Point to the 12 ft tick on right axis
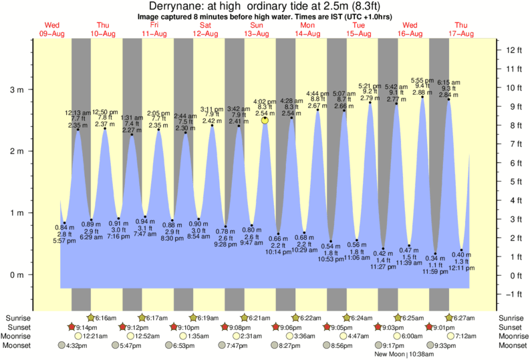[514, 50]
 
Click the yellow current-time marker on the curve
[265, 120]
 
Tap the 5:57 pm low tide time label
[64, 240]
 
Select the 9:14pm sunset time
[87, 327]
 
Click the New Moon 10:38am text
[406, 355]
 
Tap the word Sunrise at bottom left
[19, 317]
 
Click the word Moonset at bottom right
[511, 346]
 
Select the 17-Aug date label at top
[461, 33]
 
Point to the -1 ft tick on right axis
[514, 295]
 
